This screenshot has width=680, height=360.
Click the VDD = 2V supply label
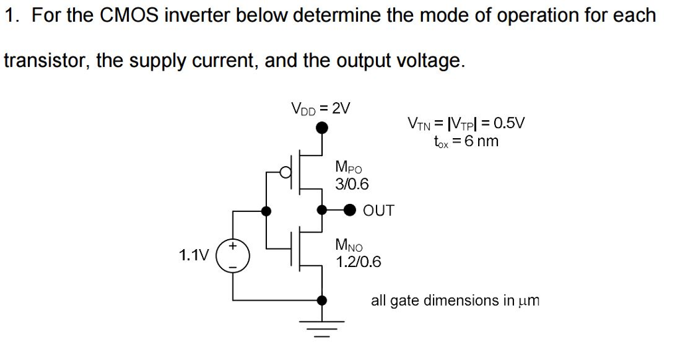pyautogui.click(x=321, y=107)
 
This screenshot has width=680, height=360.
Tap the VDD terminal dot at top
pyautogui.click(x=322, y=128)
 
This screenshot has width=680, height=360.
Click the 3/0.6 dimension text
pyautogui.click(x=352, y=184)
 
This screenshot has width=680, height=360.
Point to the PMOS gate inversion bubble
pyautogui.click(x=286, y=173)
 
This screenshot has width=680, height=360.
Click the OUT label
pyautogui.click(x=379, y=211)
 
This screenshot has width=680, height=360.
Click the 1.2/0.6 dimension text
pyautogui.click(x=359, y=262)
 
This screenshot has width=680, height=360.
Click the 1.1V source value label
pyautogui.click(x=193, y=255)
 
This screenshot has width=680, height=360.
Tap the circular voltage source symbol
pyautogui.click(x=233, y=256)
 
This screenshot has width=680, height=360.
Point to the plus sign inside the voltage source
pyautogui.click(x=233, y=246)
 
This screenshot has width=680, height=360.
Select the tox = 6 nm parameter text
pyautogui.click(x=465, y=141)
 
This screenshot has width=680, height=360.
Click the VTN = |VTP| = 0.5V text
pyautogui.click(x=466, y=123)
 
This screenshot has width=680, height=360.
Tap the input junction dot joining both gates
pyautogui.click(x=266, y=211)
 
